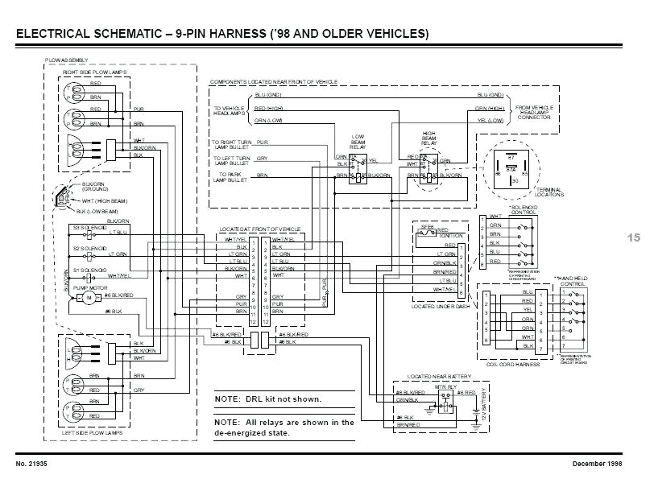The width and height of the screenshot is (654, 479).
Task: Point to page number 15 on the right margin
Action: [x=632, y=237]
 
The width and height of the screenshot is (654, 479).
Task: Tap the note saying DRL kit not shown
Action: [x=268, y=399]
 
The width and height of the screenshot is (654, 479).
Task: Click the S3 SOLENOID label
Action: [x=89, y=228]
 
